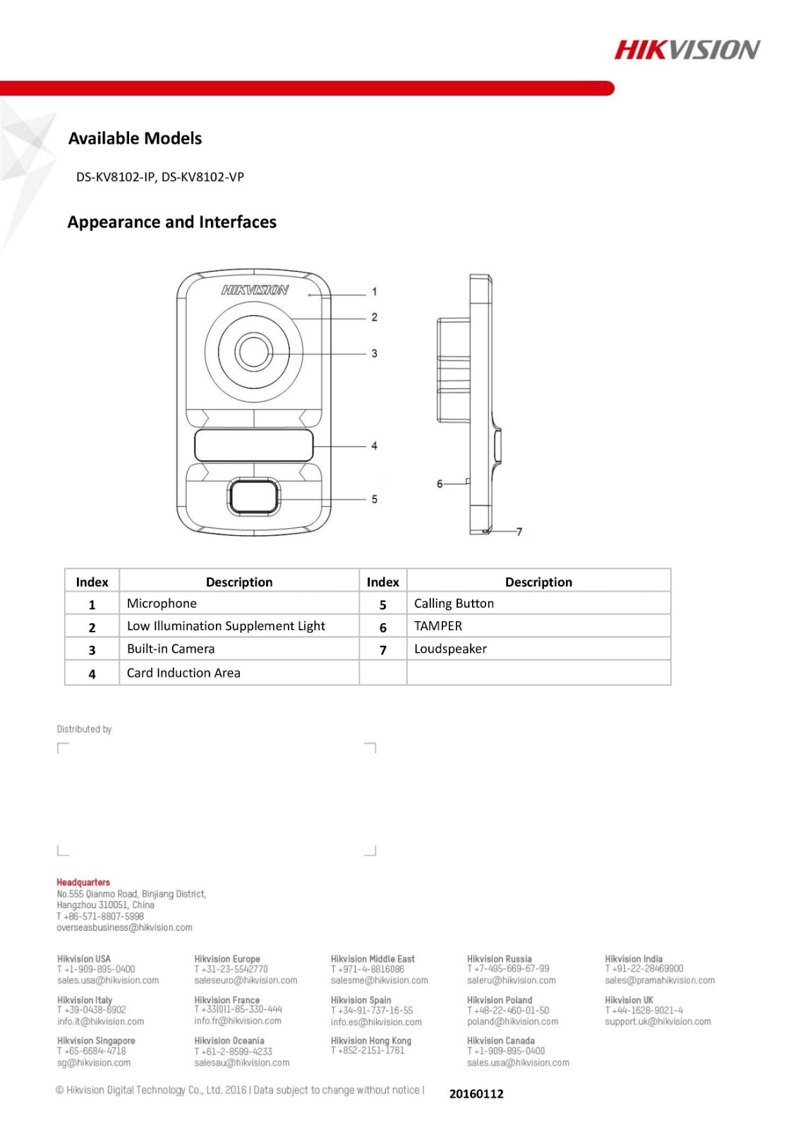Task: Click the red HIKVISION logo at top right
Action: (x=687, y=49)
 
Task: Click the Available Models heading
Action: (x=135, y=138)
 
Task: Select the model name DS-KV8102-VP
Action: (x=202, y=177)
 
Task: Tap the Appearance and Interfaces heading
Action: (x=171, y=222)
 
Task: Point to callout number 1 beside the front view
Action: (x=374, y=291)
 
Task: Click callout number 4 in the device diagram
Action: (x=374, y=446)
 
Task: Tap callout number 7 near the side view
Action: (x=519, y=532)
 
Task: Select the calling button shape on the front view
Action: (x=253, y=496)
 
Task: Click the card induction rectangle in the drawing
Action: (x=253, y=446)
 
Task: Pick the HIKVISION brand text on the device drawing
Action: (x=255, y=290)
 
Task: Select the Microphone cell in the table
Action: (x=162, y=603)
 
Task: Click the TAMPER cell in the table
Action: (x=438, y=626)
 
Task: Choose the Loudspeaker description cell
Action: (x=450, y=649)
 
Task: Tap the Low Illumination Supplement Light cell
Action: (x=226, y=626)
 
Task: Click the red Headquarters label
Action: (x=83, y=882)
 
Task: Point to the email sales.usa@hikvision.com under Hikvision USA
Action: (x=108, y=980)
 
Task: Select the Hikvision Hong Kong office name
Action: (x=370, y=1041)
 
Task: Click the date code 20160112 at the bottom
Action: (x=476, y=1093)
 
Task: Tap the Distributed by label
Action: (x=84, y=729)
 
